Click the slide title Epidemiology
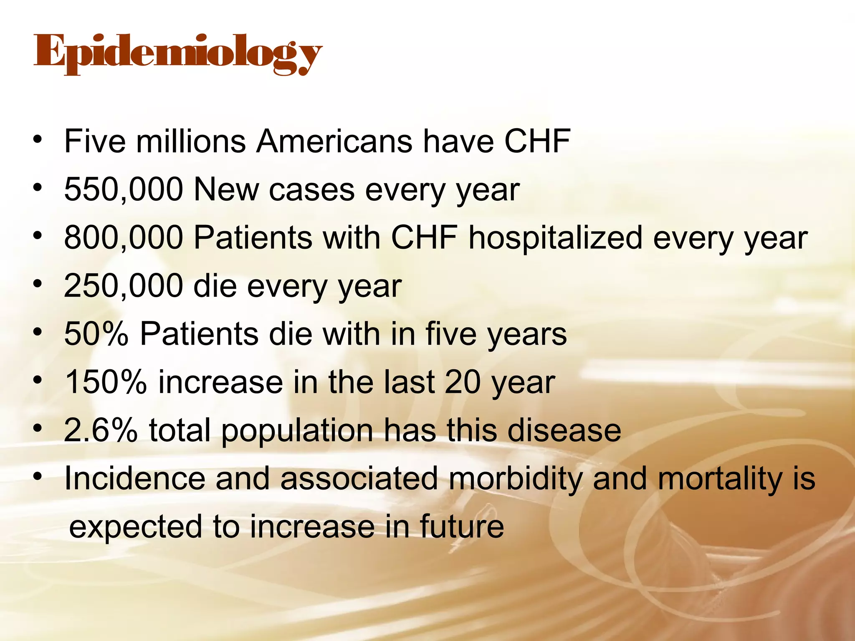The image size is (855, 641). (178, 54)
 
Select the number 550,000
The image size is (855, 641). (124, 190)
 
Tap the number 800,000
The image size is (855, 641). (124, 238)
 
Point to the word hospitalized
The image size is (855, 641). (555, 238)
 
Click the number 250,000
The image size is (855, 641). (124, 286)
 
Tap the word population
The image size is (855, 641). (297, 430)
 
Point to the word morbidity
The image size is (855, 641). (515, 478)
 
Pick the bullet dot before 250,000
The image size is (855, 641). (38, 284)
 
